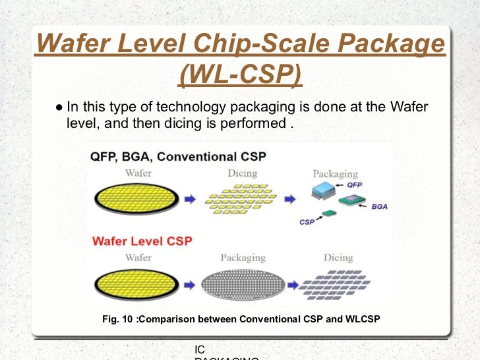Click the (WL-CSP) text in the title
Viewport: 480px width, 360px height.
click(x=240, y=75)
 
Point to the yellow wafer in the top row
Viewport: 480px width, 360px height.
click(x=136, y=197)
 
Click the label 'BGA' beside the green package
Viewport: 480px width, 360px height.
click(x=379, y=206)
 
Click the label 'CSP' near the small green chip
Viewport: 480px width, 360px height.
click(x=307, y=222)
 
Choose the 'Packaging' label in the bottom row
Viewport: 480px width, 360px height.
click(x=243, y=258)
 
